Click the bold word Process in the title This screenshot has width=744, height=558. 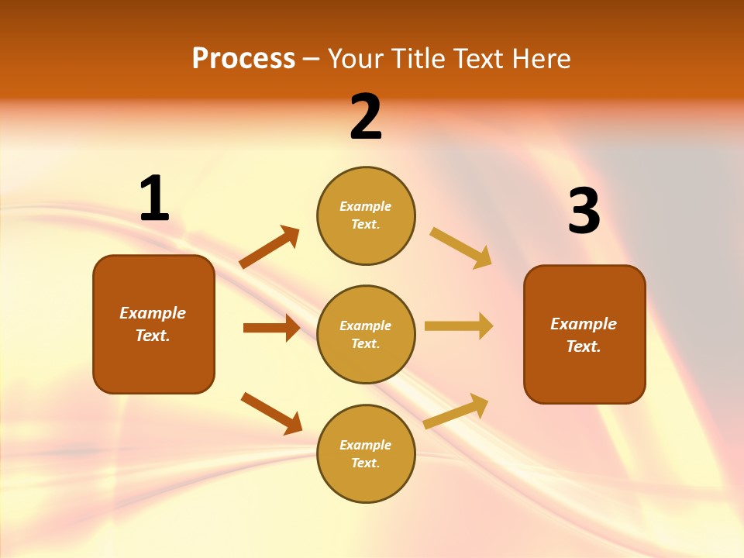(x=243, y=59)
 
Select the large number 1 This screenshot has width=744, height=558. (x=154, y=198)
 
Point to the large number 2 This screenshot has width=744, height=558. (x=366, y=117)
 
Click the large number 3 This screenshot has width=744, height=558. (x=584, y=212)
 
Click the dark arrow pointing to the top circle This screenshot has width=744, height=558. (x=270, y=247)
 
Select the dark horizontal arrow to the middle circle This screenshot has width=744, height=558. (x=271, y=328)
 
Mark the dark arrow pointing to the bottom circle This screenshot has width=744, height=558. (x=271, y=413)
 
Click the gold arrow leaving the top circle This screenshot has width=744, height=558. (x=460, y=248)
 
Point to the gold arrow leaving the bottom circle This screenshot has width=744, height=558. (x=456, y=412)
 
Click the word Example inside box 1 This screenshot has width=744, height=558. (x=153, y=313)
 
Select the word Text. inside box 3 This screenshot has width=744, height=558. (x=584, y=346)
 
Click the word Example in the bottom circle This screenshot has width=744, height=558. (x=366, y=445)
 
